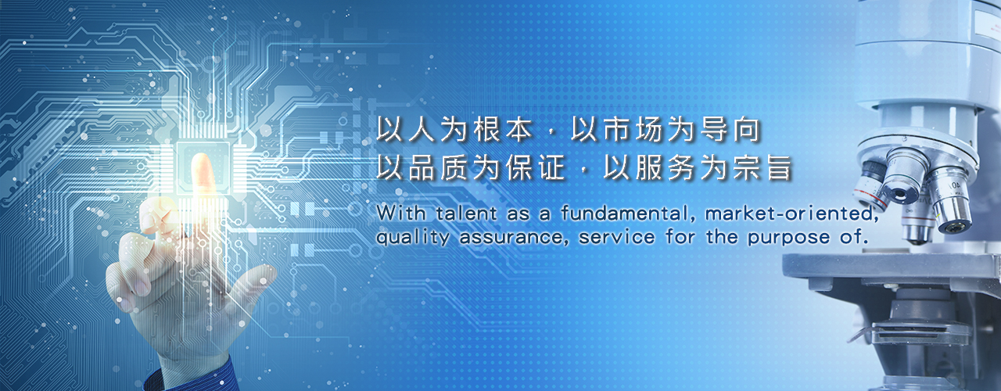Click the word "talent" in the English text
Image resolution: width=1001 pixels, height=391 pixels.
[x=467, y=213]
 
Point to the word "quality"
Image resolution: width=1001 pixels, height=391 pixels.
[x=412, y=237]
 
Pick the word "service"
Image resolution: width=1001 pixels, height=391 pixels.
[x=617, y=237]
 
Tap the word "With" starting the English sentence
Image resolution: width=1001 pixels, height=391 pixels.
[x=400, y=213]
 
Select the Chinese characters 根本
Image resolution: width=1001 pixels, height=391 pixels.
[x=503, y=130]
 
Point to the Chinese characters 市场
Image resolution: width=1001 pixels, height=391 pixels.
[x=633, y=130]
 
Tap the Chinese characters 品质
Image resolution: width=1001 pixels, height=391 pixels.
[x=438, y=167]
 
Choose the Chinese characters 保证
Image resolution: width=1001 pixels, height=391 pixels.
[x=536, y=167]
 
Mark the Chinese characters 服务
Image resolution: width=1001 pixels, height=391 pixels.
[x=665, y=167]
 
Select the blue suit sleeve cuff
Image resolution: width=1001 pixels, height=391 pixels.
[x=192, y=376]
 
